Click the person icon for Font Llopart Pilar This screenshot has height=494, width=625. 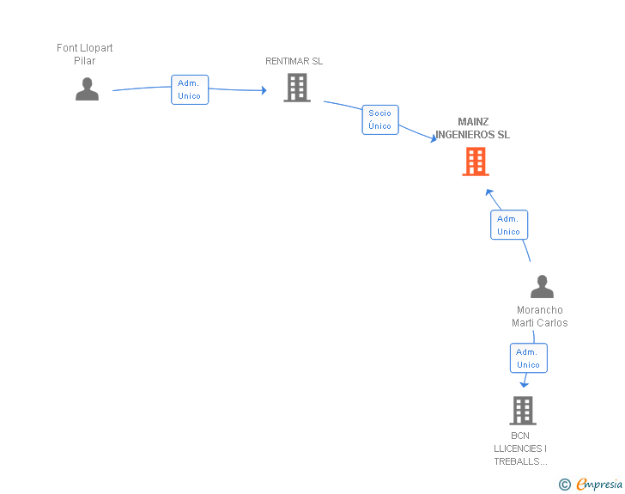pyautogui.click(x=87, y=88)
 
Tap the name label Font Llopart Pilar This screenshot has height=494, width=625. pyautogui.click(x=84, y=54)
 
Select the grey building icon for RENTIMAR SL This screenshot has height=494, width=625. pyautogui.click(x=297, y=88)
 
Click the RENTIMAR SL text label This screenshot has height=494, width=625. pyautogui.click(x=294, y=61)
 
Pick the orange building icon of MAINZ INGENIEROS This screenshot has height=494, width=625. pyautogui.click(x=476, y=162)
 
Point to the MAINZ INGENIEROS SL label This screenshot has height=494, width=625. pyautogui.click(x=472, y=128)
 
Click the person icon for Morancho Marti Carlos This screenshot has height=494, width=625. pyautogui.click(x=542, y=286)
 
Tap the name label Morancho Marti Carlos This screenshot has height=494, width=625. pyautogui.click(x=539, y=316)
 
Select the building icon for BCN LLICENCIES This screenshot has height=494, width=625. pyautogui.click(x=522, y=411)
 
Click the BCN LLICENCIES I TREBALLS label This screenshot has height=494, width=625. pyautogui.click(x=520, y=448)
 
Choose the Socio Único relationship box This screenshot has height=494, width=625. pyautogui.click(x=379, y=119)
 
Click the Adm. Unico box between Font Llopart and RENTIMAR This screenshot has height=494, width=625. pyautogui.click(x=190, y=89)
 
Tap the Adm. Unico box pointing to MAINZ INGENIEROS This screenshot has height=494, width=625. pyautogui.click(x=508, y=225)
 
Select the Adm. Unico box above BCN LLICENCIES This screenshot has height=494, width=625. pyautogui.click(x=528, y=358)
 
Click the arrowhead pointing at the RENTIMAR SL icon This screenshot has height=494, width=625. pyautogui.click(x=264, y=90)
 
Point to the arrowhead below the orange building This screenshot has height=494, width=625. pyautogui.click(x=488, y=192)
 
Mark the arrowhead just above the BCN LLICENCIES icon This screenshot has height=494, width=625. pyautogui.click(x=524, y=384)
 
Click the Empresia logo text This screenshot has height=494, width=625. pyautogui.click(x=599, y=484)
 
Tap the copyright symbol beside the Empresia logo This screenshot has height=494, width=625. pyautogui.click(x=564, y=485)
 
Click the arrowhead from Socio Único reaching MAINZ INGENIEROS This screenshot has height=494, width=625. pyautogui.click(x=434, y=138)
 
